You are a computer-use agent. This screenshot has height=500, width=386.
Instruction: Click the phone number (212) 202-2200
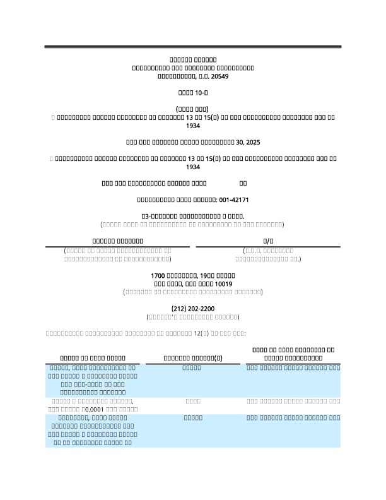pos(192,308)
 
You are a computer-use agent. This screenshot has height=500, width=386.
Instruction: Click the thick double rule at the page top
pos(193,47)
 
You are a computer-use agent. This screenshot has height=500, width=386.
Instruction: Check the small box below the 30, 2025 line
pos(51,159)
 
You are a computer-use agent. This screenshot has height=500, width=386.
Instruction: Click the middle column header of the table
pos(192,358)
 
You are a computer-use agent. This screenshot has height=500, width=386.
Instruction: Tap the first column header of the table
pos(93,358)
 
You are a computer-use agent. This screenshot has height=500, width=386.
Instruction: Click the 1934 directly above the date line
pos(193,126)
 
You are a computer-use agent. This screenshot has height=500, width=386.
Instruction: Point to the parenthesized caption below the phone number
pos(192,316)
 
